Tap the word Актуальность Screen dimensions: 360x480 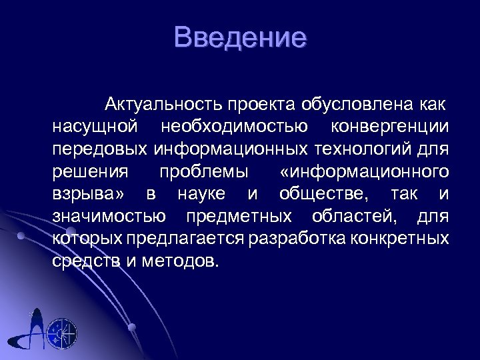[163, 105]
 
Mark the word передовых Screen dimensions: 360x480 [100, 149]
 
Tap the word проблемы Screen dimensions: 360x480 [204, 171]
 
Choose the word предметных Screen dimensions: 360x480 [239, 216]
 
